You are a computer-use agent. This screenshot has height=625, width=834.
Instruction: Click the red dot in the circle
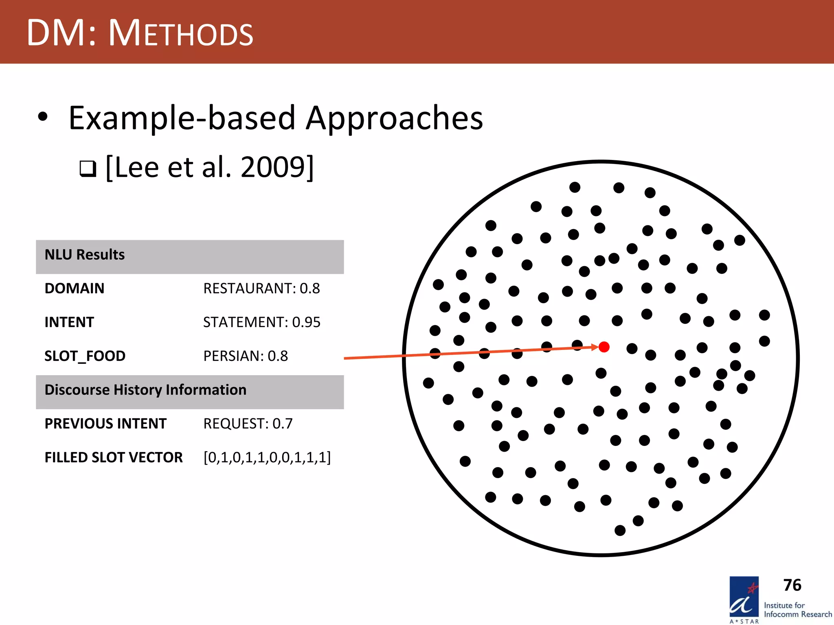604,347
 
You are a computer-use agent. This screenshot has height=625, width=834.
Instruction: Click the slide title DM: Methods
140,33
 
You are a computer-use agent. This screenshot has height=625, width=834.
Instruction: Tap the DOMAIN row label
75,288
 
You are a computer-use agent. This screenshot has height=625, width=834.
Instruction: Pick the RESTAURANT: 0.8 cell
261,288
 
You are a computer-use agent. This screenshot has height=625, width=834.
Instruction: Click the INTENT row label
69,322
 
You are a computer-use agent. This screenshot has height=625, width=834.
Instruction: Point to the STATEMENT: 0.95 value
262,322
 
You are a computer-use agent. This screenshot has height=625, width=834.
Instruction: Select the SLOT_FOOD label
85,356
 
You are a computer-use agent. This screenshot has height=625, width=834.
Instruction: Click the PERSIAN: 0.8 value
246,356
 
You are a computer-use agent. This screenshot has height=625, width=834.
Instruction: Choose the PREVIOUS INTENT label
105,424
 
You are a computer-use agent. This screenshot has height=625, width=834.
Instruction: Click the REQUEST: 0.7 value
248,424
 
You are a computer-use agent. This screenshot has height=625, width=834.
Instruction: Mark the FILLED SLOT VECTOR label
114,457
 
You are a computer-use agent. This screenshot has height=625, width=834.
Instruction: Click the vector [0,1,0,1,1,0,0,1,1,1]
267,457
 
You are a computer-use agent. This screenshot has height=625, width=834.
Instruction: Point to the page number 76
792,585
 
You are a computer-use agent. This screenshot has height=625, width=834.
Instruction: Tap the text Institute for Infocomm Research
797,610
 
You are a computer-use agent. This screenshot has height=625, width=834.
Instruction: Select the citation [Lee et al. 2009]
209,167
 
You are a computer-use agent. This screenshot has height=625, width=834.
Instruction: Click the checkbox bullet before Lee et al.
88,168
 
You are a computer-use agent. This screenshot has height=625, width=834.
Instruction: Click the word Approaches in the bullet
394,118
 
